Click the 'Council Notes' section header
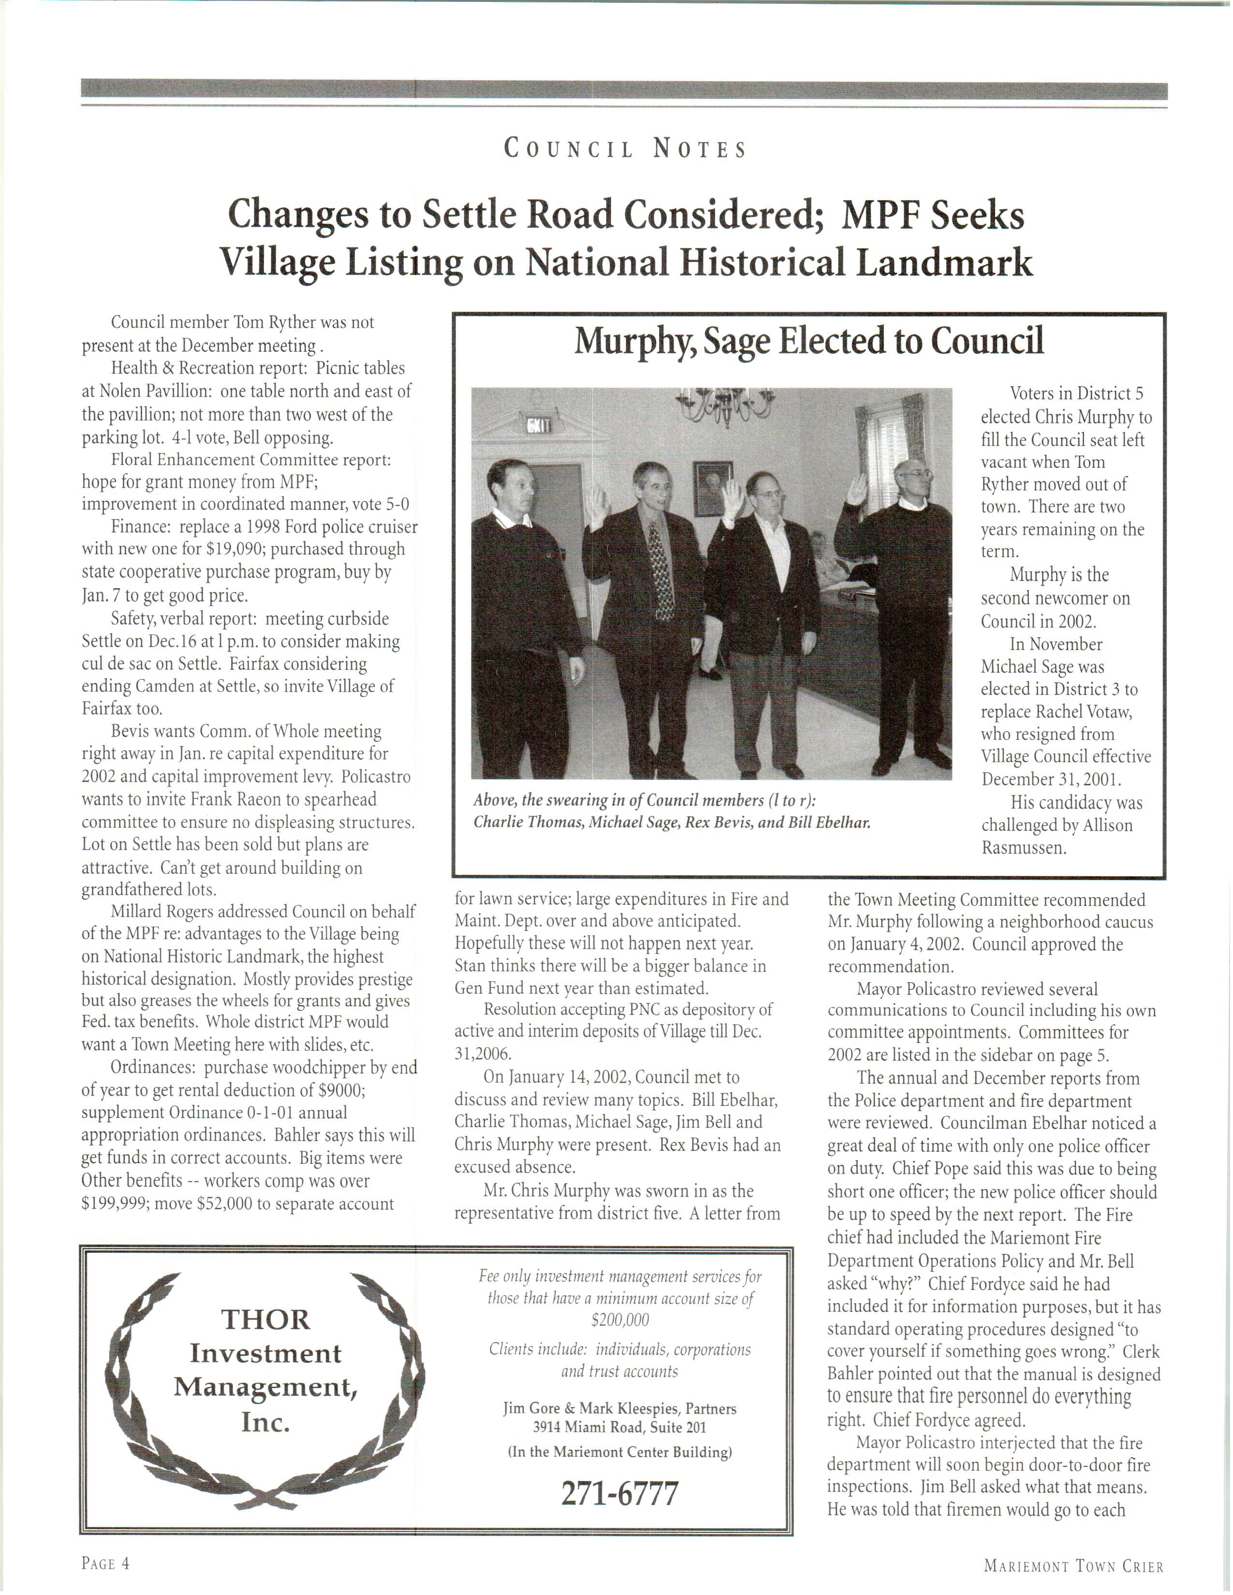coord(625,149)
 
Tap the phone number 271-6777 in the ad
coord(619,1493)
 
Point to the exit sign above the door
coord(541,425)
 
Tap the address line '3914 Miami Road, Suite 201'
coord(619,1426)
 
